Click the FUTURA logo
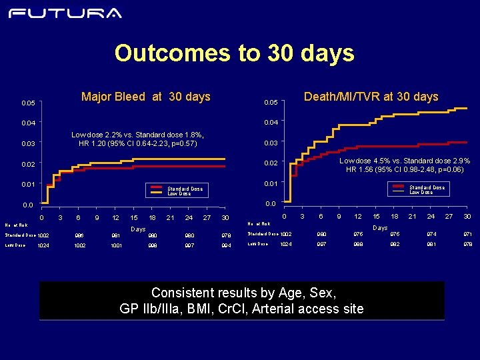coord(65,13)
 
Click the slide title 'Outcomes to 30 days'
coord(234,53)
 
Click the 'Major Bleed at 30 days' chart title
coord(145,97)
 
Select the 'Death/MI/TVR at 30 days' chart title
coord(371,97)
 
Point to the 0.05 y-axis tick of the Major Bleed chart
coord(28,103)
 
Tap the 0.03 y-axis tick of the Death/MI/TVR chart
coord(271,143)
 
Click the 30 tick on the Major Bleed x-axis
coord(225,218)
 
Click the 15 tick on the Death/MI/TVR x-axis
coord(376,217)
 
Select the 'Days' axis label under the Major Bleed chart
coord(137,229)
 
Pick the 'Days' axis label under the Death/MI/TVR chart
coord(380,228)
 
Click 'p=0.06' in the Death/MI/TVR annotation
coord(457,169)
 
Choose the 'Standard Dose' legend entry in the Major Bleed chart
coord(185,189)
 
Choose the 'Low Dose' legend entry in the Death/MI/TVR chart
coord(421,193)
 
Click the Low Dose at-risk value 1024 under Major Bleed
coord(43,245)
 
